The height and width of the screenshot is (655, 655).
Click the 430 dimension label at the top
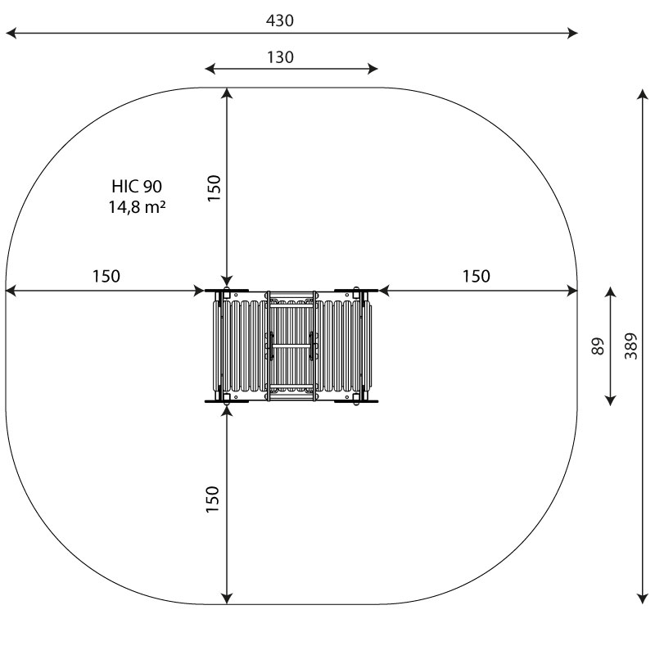[x=280, y=20]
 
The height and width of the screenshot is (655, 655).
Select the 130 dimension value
[x=280, y=57]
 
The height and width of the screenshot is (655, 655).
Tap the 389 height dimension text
[x=631, y=346]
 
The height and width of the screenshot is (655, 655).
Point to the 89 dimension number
[x=599, y=346]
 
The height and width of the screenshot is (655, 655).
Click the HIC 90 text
[x=137, y=187]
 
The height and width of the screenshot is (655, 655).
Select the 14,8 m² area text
[x=137, y=207]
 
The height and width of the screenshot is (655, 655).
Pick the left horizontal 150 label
[x=106, y=276]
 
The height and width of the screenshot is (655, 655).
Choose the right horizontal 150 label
[x=477, y=276]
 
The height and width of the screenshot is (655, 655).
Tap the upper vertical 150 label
[x=214, y=188]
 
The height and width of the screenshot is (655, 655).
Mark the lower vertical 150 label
[x=213, y=499]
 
